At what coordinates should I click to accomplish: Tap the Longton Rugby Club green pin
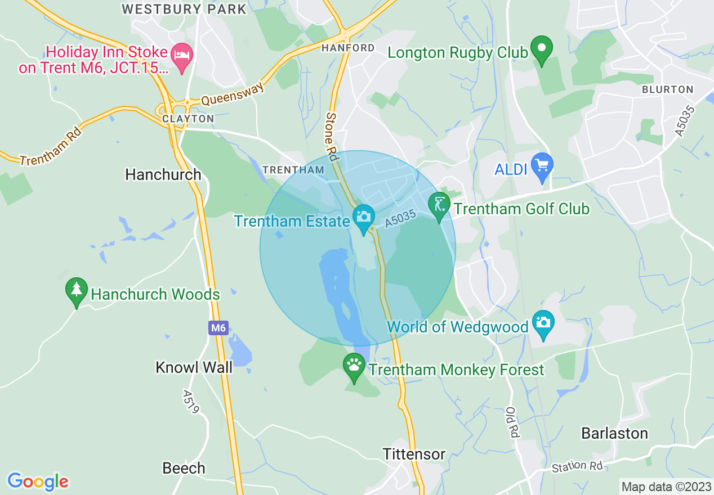(x=542, y=49)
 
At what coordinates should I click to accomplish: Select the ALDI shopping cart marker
(x=542, y=166)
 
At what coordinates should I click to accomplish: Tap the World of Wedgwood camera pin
(x=543, y=323)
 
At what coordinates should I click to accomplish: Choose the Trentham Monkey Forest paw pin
(x=354, y=367)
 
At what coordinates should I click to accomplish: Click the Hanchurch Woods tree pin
(x=76, y=291)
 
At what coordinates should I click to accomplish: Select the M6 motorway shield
(x=218, y=328)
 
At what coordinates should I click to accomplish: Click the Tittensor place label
(x=414, y=454)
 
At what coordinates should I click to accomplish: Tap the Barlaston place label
(x=614, y=433)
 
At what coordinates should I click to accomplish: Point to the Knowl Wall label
(x=194, y=367)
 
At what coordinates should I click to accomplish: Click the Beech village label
(x=184, y=468)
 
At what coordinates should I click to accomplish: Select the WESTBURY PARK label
(x=184, y=9)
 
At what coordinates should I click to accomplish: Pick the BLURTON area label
(x=667, y=89)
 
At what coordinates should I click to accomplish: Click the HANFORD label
(x=347, y=48)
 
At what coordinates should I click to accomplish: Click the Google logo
(x=38, y=481)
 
